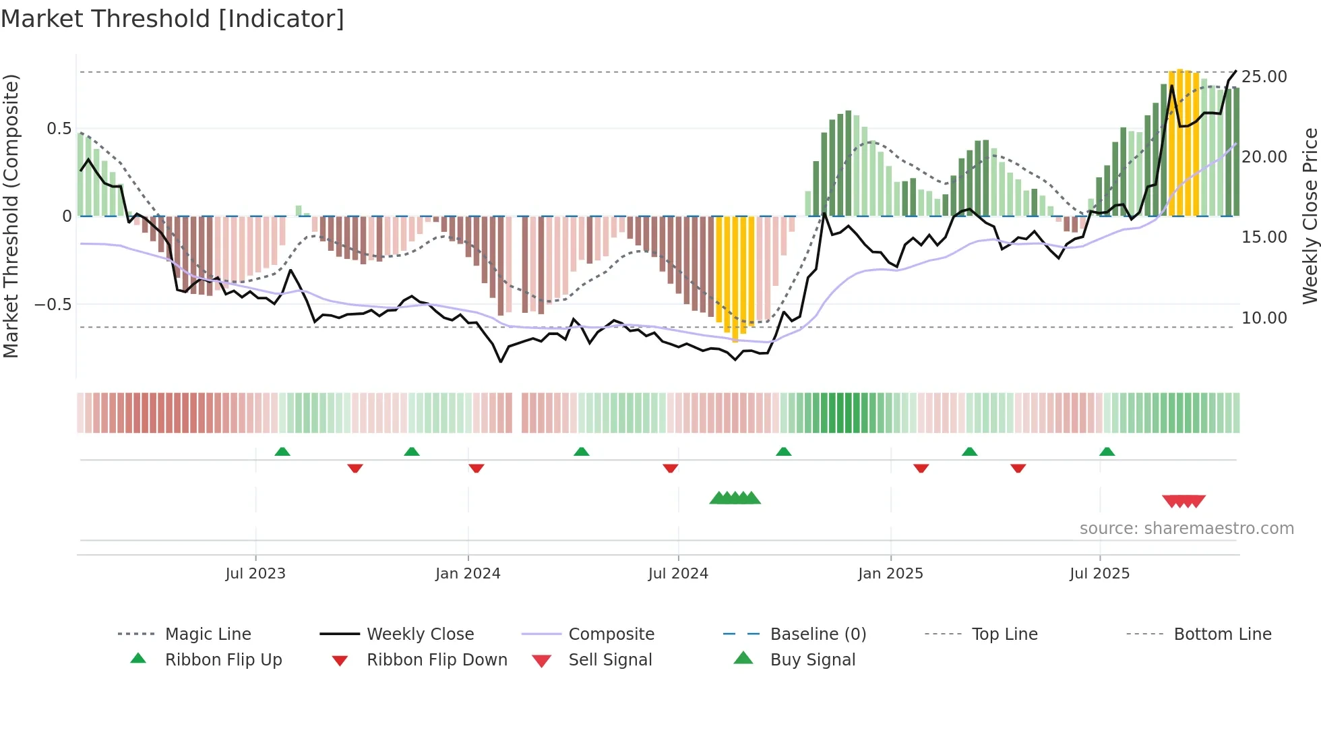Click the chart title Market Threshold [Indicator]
[x=173, y=19]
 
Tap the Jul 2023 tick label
[x=255, y=574]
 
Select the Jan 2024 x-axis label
[x=468, y=574]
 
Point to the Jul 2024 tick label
[x=678, y=574]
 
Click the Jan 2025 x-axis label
[x=890, y=574]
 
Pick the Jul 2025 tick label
[x=1099, y=574]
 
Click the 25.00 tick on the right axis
[x=1264, y=77]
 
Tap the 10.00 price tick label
[x=1264, y=318]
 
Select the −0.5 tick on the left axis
[x=53, y=305]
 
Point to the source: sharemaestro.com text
[x=1186, y=529]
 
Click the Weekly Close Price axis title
[x=1310, y=216]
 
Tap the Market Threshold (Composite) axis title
[x=11, y=216]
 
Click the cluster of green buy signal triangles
[x=735, y=499]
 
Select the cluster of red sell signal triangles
[x=1184, y=502]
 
